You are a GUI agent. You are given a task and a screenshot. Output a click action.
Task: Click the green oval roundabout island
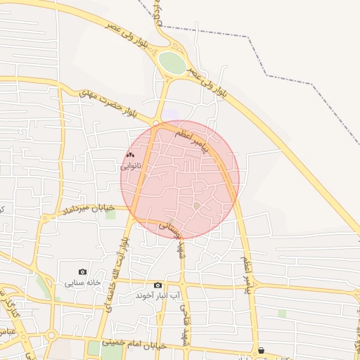[x=172, y=63]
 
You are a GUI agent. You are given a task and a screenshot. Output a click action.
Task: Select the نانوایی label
[x=131, y=167]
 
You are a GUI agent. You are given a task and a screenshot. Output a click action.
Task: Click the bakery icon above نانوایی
[x=129, y=155]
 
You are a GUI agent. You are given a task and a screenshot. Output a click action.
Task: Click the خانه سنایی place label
[x=82, y=283]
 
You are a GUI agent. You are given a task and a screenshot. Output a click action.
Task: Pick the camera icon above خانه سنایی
[x=83, y=271]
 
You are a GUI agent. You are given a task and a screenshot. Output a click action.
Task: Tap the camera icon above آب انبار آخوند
[x=157, y=285]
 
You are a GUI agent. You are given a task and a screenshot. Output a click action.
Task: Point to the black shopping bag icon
[x=262, y=350]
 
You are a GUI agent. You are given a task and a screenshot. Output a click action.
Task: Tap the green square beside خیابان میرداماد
[x=110, y=213]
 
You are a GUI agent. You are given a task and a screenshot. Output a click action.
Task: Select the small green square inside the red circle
[x=198, y=205]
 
